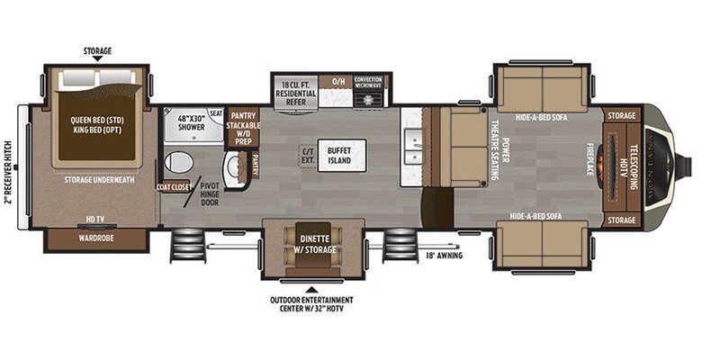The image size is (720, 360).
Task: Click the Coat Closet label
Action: point(175,187)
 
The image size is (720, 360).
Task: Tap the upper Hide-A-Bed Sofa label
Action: point(542,117)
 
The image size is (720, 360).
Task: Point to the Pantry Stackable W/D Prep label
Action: point(244,127)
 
